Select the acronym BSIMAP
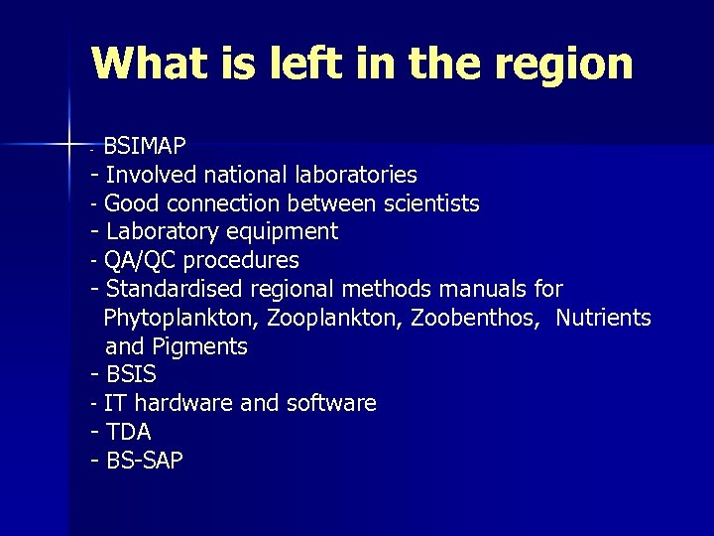point(145,147)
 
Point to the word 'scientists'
point(431,204)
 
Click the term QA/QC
point(137,261)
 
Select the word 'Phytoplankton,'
point(181,319)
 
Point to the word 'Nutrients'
point(603,319)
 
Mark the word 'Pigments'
point(200,347)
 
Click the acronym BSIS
point(131,376)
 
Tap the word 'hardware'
point(181,404)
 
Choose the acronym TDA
point(129,433)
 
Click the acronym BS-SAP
point(145,462)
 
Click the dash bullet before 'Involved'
point(94,176)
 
